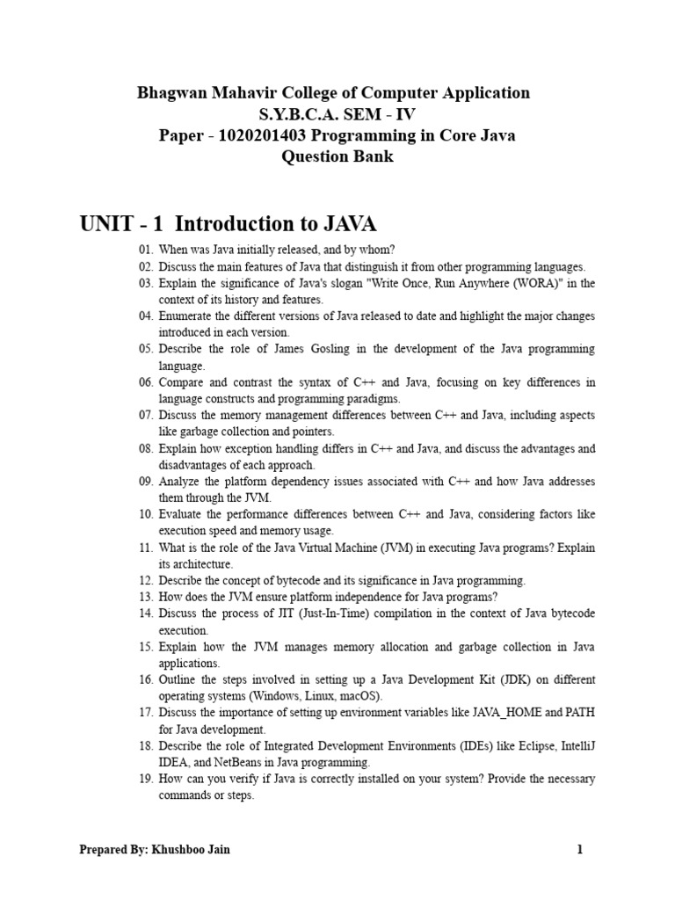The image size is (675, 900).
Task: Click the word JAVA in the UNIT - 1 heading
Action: click(x=342, y=225)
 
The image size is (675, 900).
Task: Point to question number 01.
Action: click(x=146, y=250)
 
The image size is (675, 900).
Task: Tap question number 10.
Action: click(x=146, y=514)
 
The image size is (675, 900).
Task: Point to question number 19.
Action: click(x=146, y=779)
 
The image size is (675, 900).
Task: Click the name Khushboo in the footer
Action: click(x=178, y=850)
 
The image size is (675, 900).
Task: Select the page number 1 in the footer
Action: click(x=580, y=850)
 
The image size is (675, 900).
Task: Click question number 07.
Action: click(x=146, y=415)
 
